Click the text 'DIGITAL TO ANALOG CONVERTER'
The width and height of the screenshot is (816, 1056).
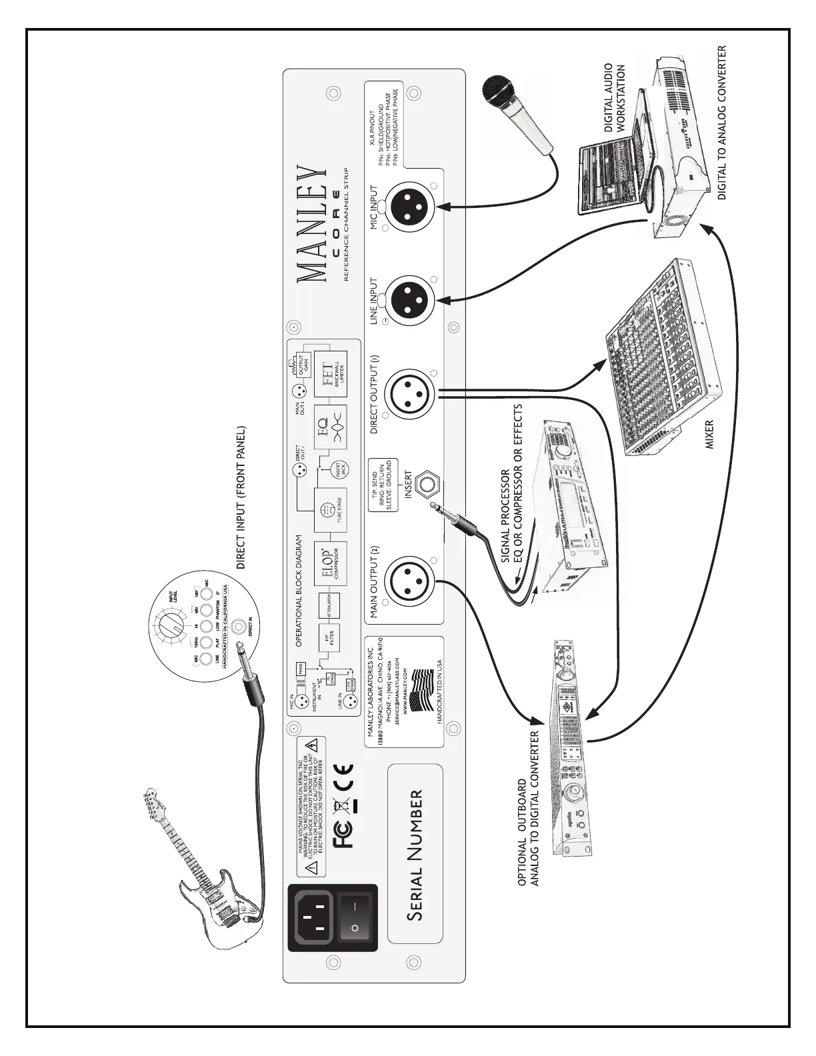[x=721, y=122]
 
